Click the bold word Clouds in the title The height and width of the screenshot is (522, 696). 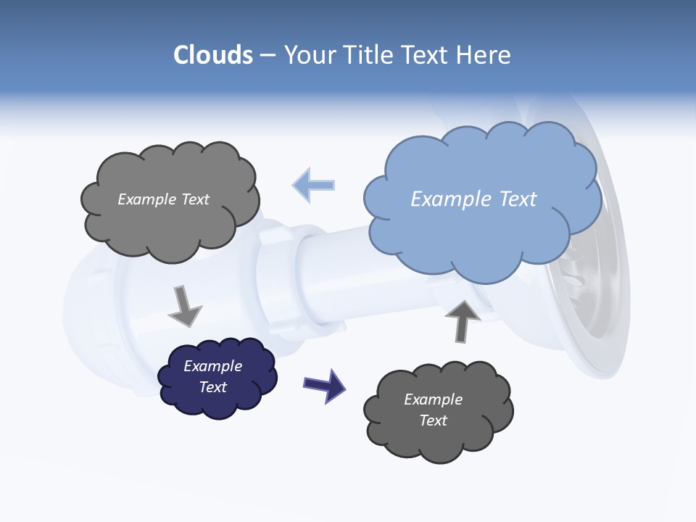[x=212, y=55]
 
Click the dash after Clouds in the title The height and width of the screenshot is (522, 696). [x=268, y=56]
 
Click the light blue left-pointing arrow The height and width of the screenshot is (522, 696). [x=313, y=185]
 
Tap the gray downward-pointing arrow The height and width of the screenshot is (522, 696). [x=184, y=307]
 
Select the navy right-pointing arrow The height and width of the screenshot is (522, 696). [x=324, y=384]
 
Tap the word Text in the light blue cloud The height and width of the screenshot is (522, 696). [x=519, y=199]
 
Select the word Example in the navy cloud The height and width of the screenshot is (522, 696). [x=212, y=366]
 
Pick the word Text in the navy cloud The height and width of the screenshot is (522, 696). [x=212, y=387]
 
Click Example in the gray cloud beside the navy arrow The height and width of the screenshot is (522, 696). [x=433, y=399]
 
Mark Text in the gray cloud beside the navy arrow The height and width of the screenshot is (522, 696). [x=433, y=420]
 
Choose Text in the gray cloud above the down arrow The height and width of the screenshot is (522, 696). [x=194, y=199]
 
